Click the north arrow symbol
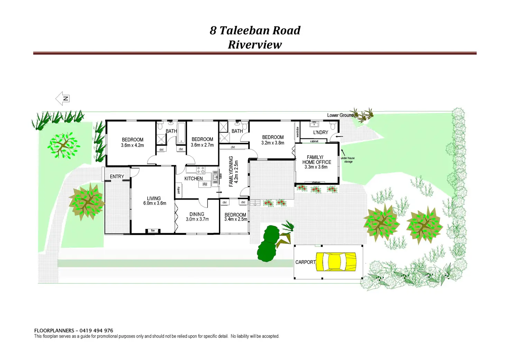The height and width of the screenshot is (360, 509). click(63, 99)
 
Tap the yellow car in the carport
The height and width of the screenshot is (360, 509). click(336, 261)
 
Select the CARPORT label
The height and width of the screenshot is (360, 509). click(305, 262)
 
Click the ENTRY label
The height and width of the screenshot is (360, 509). click(117, 176)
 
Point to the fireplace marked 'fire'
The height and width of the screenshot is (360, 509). click(153, 231)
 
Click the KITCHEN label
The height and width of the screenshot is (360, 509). click(194, 178)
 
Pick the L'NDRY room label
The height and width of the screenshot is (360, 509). click(321, 132)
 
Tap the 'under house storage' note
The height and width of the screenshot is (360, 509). click(348, 160)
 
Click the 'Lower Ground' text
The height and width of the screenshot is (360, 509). click(340, 115)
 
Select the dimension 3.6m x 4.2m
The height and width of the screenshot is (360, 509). click(132, 145)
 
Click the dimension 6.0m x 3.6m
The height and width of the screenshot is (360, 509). click(155, 203)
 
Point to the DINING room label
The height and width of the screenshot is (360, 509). click(197, 214)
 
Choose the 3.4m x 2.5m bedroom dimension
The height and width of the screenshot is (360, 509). click(235, 219)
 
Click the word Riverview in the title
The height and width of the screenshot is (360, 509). click(255, 45)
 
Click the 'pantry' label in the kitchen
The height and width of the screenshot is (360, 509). click(178, 190)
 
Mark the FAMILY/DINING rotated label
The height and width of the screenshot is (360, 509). click(231, 172)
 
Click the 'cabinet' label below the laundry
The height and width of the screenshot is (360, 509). click(314, 141)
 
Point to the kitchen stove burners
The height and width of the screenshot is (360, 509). click(201, 170)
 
